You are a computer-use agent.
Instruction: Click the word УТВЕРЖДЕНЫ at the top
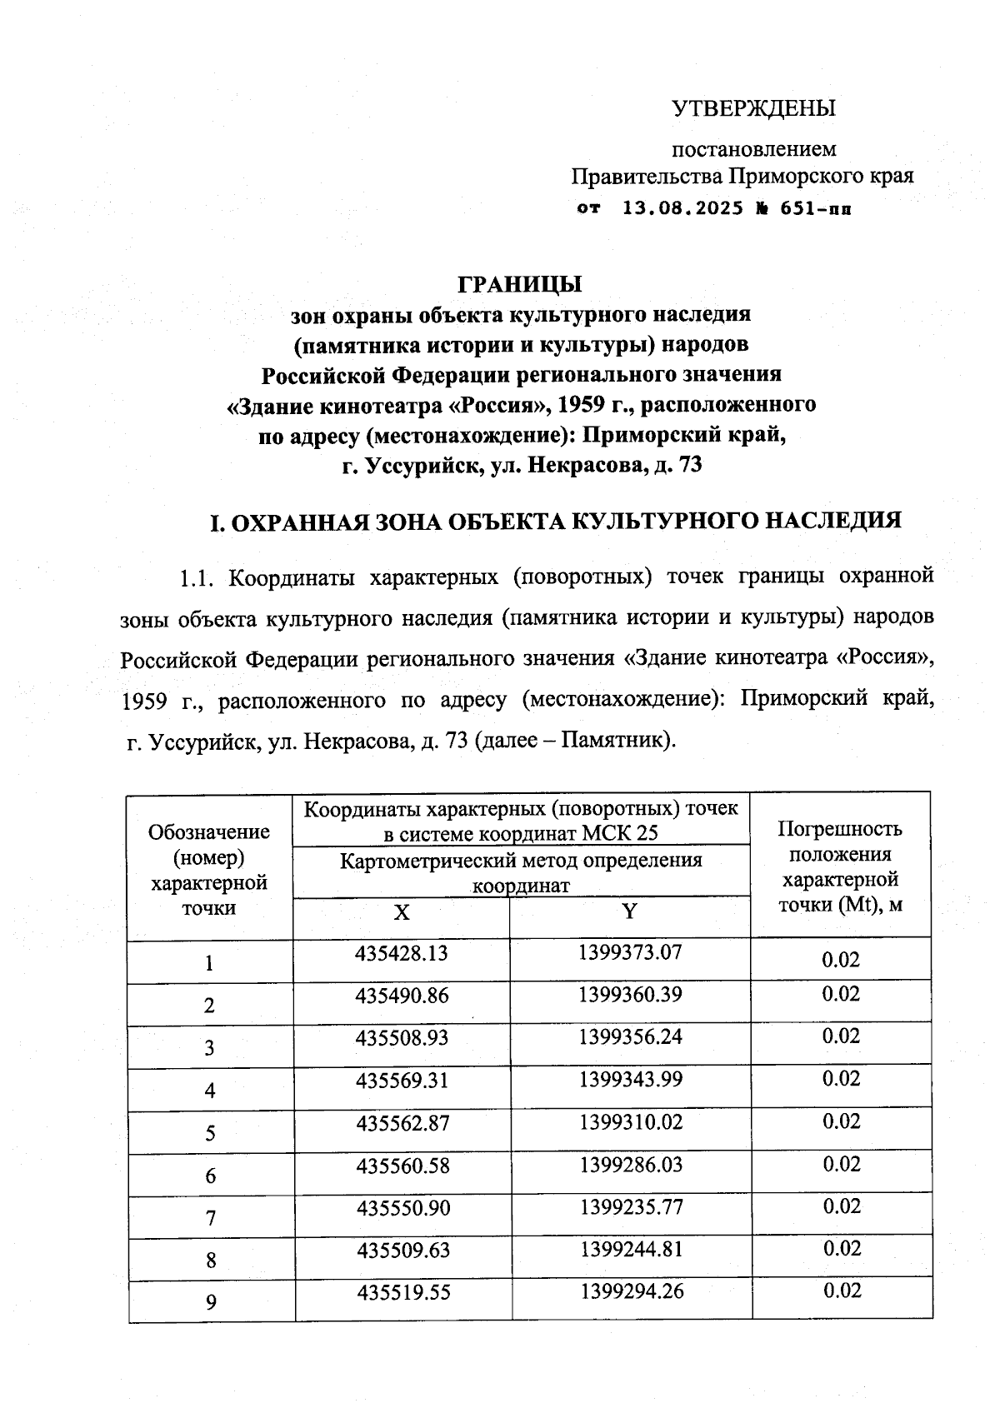[x=753, y=109]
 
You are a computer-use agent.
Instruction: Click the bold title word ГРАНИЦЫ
[x=520, y=284]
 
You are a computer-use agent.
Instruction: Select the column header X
[x=402, y=912]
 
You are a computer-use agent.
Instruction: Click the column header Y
[x=630, y=911]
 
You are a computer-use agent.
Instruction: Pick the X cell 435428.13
[x=402, y=953]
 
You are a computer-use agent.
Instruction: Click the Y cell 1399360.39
[x=630, y=995]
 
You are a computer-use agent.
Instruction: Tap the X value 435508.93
[x=402, y=1038]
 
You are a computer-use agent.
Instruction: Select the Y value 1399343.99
[x=631, y=1080]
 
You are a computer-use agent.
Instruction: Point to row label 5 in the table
[x=210, y=1133]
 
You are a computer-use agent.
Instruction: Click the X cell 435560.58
[x=402, y=1166]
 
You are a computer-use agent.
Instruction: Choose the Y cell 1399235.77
[x=631, y=1207]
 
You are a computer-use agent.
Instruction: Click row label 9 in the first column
[x=210, y=1302]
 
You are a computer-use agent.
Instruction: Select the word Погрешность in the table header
[x=839, y=829]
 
